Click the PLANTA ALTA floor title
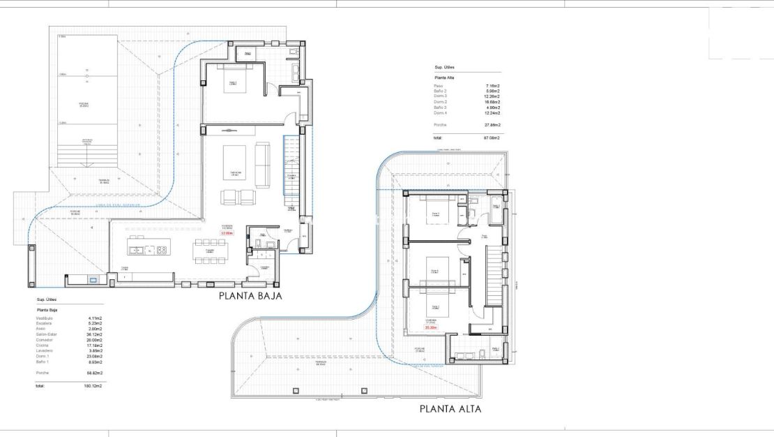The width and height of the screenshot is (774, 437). (450, 409)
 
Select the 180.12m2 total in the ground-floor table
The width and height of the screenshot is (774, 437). (93, 385)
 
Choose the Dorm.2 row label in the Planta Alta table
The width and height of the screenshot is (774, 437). (440, 102)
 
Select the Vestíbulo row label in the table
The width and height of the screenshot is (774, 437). (45, 318)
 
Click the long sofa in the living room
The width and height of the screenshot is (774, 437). (262, 165)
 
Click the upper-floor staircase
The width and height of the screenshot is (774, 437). (493, 272)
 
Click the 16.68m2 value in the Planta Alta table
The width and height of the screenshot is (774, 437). (492, 102)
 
